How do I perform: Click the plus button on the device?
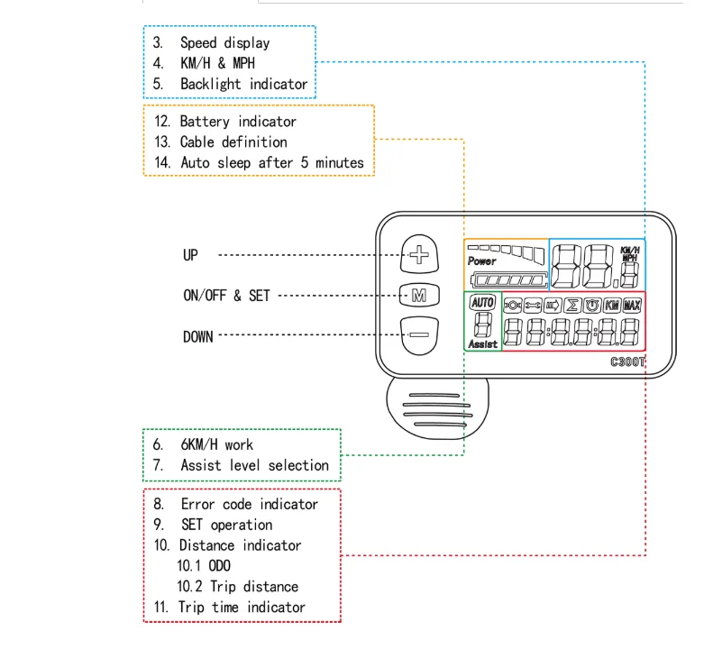419,255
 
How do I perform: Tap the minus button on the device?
419,334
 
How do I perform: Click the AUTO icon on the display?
483,303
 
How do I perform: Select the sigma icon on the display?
571,306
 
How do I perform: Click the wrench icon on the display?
532,306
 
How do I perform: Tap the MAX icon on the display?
632,306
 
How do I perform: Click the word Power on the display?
482,261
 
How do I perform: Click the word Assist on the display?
483,344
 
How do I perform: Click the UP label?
190,255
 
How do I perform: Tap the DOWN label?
198,336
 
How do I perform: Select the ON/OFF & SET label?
226,296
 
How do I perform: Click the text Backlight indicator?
243,84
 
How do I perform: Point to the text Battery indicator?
238,121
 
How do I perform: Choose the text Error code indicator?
249,504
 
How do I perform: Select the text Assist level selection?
254,465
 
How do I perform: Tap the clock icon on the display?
592,306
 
